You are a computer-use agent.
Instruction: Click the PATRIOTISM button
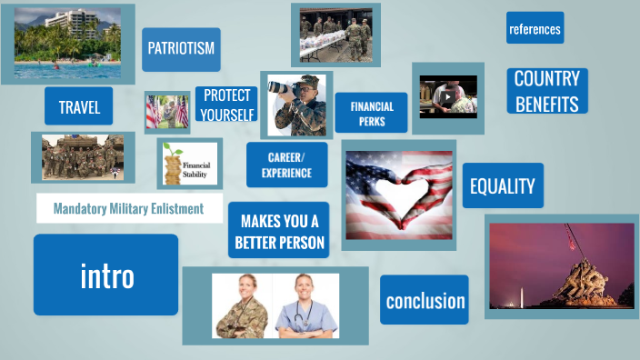coord(181,49)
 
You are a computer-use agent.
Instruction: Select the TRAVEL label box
coord(79,106)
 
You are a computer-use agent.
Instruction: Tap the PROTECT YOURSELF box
coord(226,105)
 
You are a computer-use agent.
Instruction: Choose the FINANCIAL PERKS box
coord(371,113)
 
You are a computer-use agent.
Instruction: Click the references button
coord(535,28)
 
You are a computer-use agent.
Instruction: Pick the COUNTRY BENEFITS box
coord(546,91)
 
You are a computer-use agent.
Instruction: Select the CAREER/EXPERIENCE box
coord(286,165)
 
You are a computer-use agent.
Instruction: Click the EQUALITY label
coord(502,186)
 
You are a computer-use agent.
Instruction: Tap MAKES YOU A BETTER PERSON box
coord(278,231)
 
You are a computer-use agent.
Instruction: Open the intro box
coord(106,275)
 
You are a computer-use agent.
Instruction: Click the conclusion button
coord(425,301)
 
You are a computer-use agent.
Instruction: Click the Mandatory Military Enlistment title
coord(128,208)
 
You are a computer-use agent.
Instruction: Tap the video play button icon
coord(446,95)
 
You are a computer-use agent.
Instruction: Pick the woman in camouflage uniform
coord(238,306)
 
